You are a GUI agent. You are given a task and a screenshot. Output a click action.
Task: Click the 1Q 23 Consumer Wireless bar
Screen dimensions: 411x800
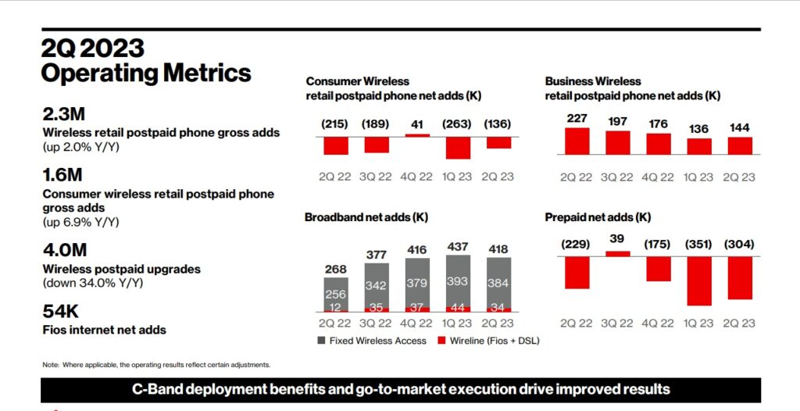tap(459, 148)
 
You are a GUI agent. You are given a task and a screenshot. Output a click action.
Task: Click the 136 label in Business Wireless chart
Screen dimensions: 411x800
tap(699, 127)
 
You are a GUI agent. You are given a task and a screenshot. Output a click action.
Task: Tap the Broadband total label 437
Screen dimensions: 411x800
tap(459, 246)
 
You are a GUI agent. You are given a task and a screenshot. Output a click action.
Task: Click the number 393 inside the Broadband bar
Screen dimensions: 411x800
tap(459, 280)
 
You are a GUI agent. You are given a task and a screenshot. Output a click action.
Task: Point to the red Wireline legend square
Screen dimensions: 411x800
tap(442, 341)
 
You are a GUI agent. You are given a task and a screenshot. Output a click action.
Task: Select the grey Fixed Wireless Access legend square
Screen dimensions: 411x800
tap(322, 341)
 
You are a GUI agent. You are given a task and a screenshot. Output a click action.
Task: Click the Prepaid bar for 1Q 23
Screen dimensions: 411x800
tap(699, 281)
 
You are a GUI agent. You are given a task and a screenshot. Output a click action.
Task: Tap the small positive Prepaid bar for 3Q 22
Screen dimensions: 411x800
tap(617, 253)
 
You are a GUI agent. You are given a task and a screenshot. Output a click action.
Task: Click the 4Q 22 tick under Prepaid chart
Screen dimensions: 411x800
tap(659, 323)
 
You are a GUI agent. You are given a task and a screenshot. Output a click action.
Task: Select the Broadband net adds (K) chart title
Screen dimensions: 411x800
tap(366, 217)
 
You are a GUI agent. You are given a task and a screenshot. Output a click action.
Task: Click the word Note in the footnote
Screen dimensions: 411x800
tap(50, 365)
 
